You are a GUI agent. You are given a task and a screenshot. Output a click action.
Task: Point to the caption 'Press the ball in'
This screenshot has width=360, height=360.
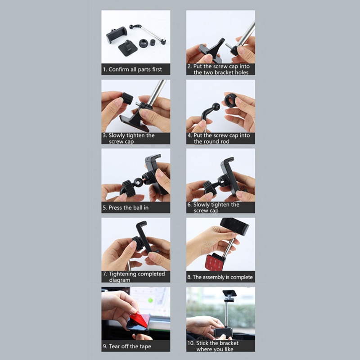[x=128, y=207]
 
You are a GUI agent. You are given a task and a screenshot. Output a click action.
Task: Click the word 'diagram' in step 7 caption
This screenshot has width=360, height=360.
[x=119, y=280]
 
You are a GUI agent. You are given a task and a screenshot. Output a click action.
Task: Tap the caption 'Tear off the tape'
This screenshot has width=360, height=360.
[x=130, y=346]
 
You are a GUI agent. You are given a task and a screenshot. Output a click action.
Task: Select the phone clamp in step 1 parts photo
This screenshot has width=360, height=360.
[x=116, y=34]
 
